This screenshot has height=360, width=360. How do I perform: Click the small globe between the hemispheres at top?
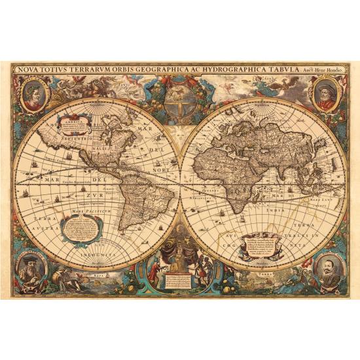[x=178, y=98]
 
